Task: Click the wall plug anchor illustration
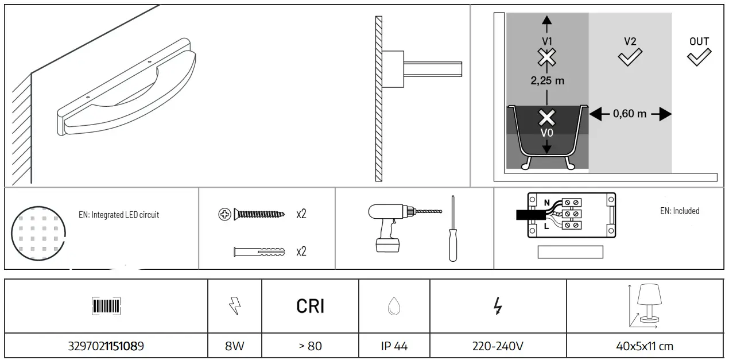(x=260, y=251)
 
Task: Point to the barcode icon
(x=106, y=306)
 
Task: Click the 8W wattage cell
(x=235, y=346)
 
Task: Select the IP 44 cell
(x=394, y=346)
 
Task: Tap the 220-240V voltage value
(x=498, y=346)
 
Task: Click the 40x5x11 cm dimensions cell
(x=644, y=346)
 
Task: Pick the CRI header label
(x=310, y=307)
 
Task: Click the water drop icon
(x=394, y=307)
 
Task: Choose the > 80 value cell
(x=310, y=346)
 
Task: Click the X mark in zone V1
(x=547, y=57)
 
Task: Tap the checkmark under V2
(x=630, y=57)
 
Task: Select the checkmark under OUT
(x=699, y=57)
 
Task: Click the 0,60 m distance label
(x=630, y=114)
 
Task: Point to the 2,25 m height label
(x=547, y=81)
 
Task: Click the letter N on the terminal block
(x=546, y=202)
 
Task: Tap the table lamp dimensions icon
(x=645, y=306)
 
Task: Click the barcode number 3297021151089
(x=106, y=346)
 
